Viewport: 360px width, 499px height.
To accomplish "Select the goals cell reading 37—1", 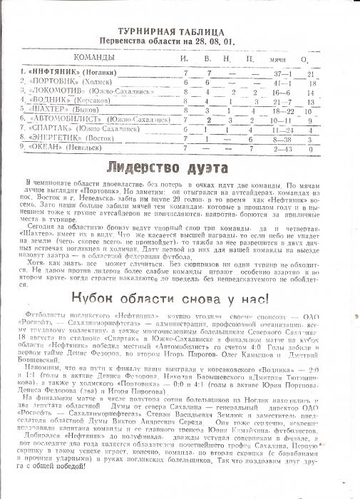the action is click(279, 73).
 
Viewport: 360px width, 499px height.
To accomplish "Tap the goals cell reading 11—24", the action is click(280, 130).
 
